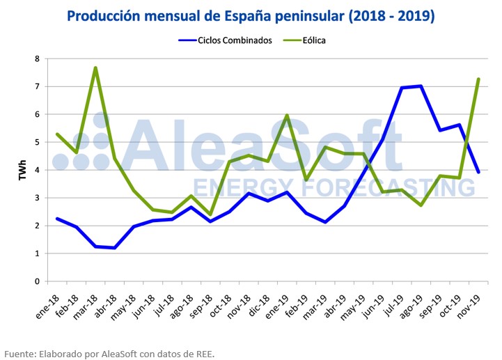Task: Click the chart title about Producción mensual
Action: pyautogui.click(x=251, y=15)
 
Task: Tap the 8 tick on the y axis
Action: pyautogui.click(x=37, y=58)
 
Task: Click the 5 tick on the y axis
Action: pyautogui.click(x=37, y=142)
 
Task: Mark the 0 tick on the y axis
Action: pyautogui.click(x=37, y=281)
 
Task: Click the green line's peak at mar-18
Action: pyautogui.click(x=95, y=68)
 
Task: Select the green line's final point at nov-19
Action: pyautogui.click(x=478, y=79)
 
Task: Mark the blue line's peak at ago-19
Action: pyautogui.click(x=420, y=86)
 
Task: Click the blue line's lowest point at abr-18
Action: pyautogui.click(x=114, y=248)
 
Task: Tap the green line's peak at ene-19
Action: pyautogui.click(x=286, y=116)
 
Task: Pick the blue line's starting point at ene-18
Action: pyautogui.click(x=57, y=219)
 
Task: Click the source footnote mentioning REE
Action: pyautogui.click(x=109, y=354)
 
